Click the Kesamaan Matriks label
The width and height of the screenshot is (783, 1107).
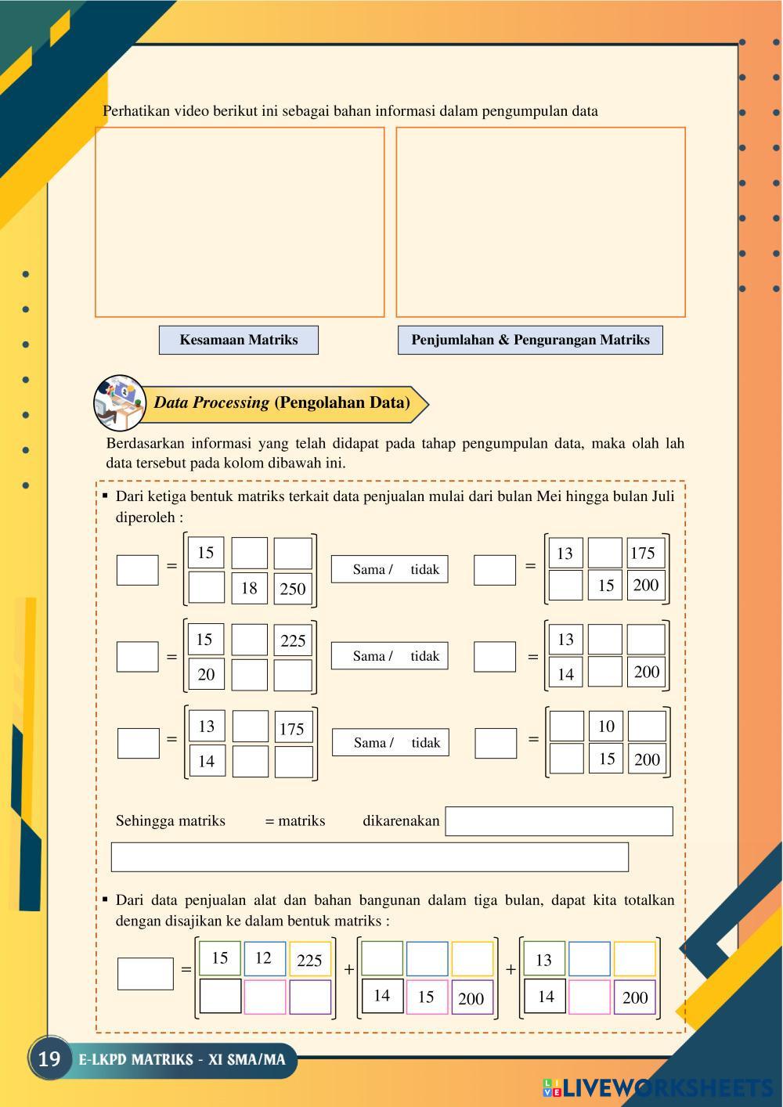(x=239, y=340)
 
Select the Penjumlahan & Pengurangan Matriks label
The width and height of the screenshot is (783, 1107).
(x=530, y=340)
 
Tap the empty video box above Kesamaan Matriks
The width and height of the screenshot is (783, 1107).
(x=240, y=222)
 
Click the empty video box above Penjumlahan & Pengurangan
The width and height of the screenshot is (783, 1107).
(x=540, y=222)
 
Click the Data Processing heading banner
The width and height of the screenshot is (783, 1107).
(x=282, y=403)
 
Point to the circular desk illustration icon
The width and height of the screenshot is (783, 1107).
(x=119, y=402)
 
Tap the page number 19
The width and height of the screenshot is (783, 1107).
(x=49, y=1059)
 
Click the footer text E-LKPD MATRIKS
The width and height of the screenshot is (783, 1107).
(x=182, y=1060)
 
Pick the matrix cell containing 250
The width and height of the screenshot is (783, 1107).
(x=293, y=589)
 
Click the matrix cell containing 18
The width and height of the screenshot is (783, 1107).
(x=249, y=588)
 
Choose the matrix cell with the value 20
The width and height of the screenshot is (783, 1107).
(x=206, y=674)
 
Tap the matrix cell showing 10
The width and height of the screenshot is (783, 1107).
(x=606, y=726)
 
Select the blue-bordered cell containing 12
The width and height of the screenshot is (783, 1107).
(x=264, y=958)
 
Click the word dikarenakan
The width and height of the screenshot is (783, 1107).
(x=401, y=821)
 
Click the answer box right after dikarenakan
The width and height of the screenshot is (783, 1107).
(x=558, y=821)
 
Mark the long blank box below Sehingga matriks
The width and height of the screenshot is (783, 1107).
(x=370, y=857)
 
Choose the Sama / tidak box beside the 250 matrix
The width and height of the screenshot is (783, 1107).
(x=389, y=569)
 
